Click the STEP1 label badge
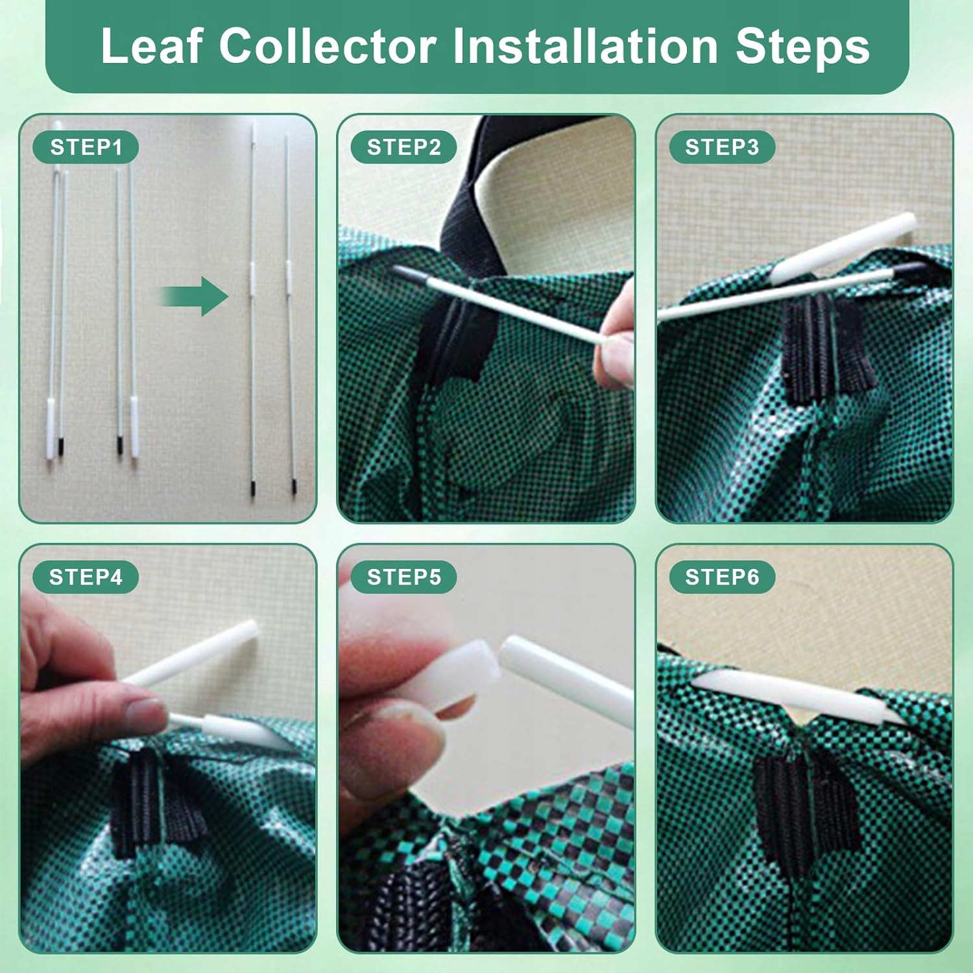86,147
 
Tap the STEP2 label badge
403,147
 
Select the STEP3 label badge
722,147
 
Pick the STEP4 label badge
86,577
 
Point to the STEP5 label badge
403,577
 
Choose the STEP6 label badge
722,577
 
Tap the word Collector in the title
327,46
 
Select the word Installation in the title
584,46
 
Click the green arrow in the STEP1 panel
195,296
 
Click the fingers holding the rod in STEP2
616,337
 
